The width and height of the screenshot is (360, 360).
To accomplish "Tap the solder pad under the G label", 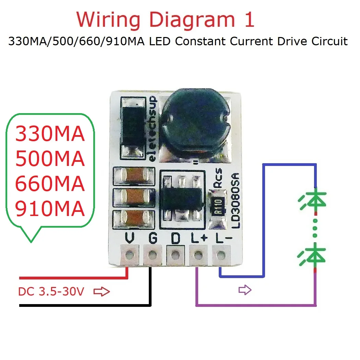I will coord(152,255).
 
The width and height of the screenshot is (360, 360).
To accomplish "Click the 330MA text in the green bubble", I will coord(50,134).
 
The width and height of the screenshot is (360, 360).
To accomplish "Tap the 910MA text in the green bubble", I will coord(50,208).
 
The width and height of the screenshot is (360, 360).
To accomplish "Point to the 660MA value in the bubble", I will coord(50,184).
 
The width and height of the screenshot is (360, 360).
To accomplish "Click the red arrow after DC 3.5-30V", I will coord(101,292).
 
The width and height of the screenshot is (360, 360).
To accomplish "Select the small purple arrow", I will coord(245,290).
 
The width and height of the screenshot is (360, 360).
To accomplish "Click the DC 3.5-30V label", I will coord(51,292).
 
